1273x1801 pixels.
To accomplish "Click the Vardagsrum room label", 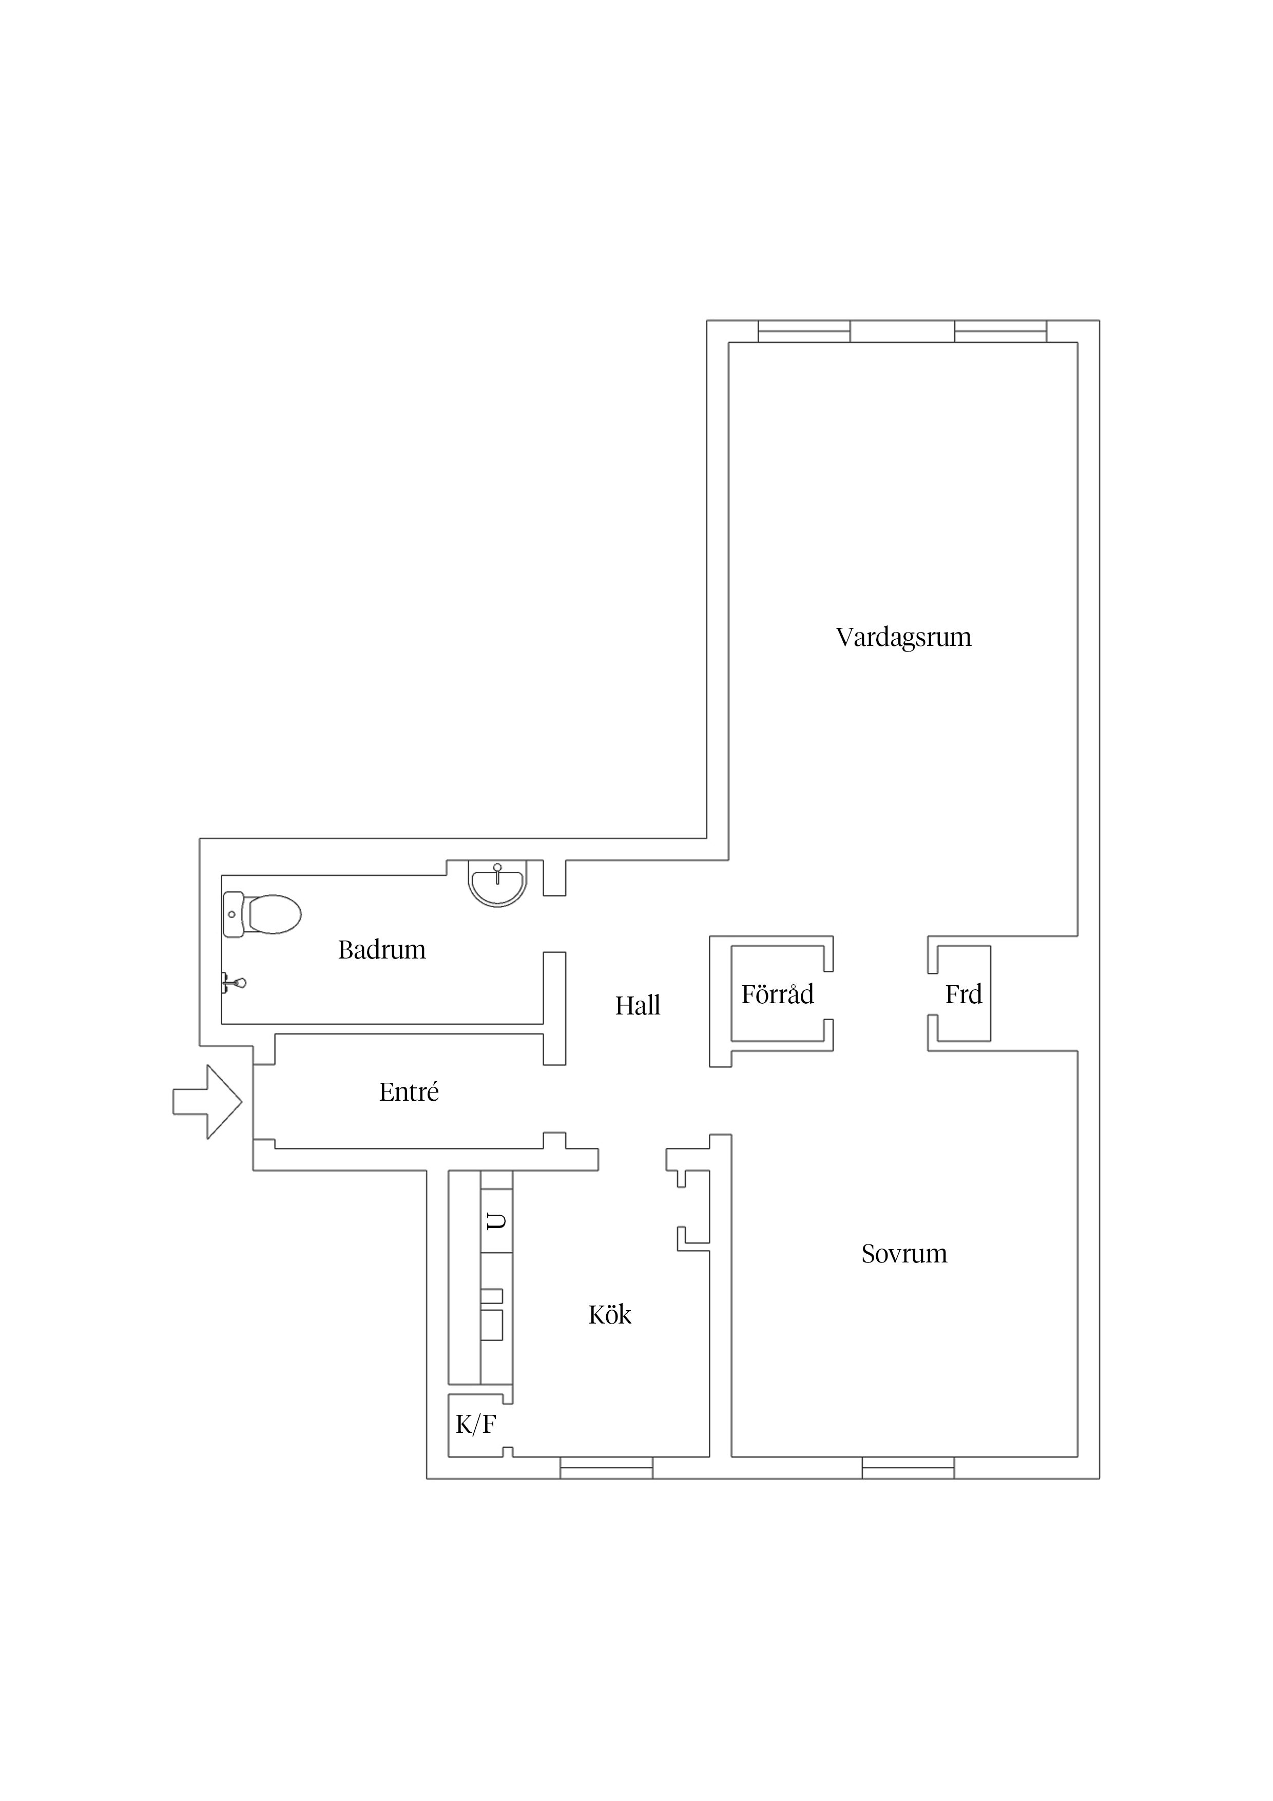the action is (903, 638).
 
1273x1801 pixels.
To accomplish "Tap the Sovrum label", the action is (904, 1254).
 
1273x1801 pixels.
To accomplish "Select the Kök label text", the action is (609, 1315).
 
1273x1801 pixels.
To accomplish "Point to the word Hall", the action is (638, 1006).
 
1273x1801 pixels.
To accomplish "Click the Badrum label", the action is (382, 950).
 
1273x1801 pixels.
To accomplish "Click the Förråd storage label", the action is (777, 994).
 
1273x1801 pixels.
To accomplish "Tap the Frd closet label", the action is (963, 994).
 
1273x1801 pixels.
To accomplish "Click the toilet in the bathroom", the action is (262, 915).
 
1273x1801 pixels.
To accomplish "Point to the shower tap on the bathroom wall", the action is (233, 983).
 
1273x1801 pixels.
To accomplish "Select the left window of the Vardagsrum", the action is (804, 331).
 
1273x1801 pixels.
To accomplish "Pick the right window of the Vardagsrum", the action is (1000, 331).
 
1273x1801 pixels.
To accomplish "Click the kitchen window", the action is (606, 1468).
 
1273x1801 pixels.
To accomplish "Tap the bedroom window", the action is (908, 1468).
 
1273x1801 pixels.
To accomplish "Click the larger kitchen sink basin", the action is (492, 1325).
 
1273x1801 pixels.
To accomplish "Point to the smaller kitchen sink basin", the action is (492, 1296).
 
